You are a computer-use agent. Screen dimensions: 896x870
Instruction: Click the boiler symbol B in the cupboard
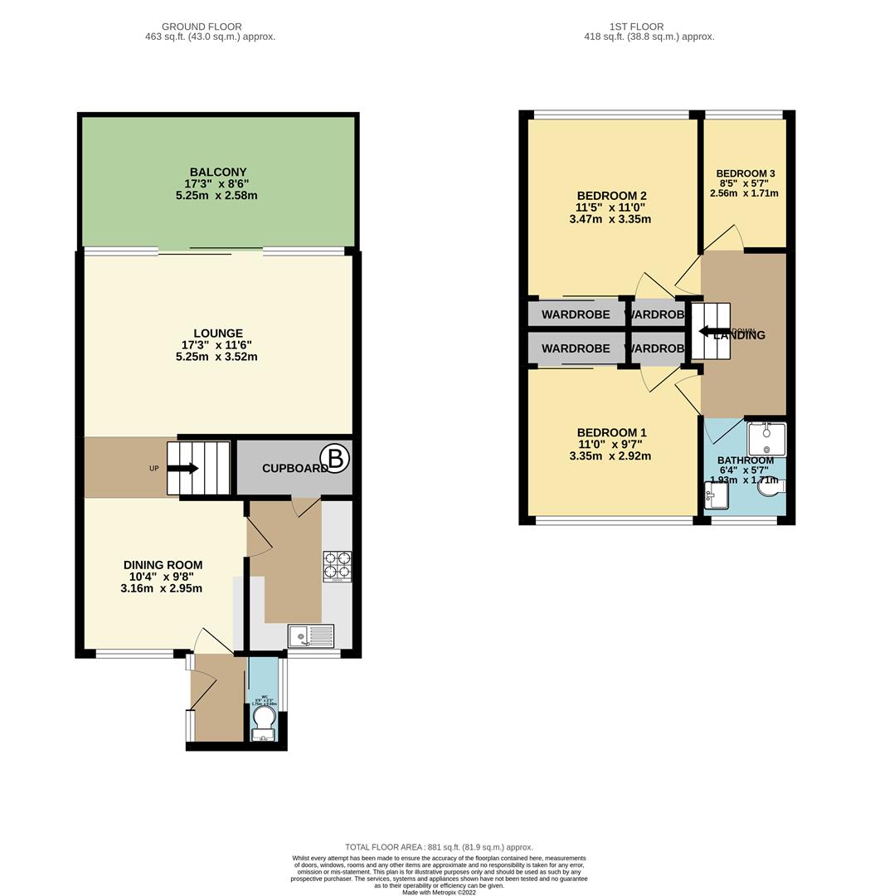click(x=335, y=459)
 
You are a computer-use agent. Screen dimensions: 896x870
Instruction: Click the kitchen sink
click(x=311, y=635)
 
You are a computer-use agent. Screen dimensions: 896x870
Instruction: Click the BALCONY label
click(x=216, y=173)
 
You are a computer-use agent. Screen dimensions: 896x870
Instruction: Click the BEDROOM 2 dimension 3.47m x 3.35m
click(x=610, y=220)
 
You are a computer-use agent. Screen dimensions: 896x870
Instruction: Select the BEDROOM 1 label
click(x=611, y=433)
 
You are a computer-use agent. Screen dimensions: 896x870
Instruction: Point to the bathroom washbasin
click(x=717, y=499)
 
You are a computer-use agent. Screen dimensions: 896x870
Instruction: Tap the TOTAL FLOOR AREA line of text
click(x=439, y=847)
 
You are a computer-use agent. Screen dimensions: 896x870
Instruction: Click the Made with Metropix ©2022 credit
click(x=439, y=892)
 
